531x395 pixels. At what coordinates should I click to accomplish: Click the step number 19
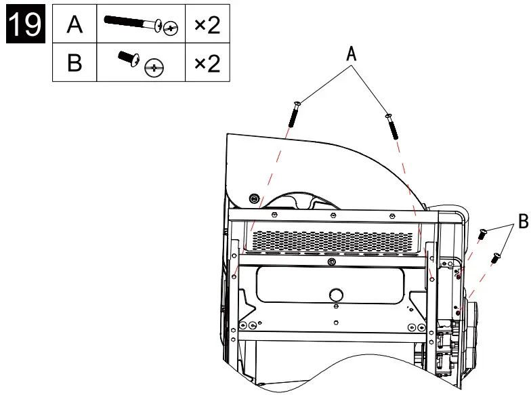pyautogui.click(x=23, y=25)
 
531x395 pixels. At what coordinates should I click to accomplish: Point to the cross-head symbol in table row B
pyautogui.click(x=156, y=67)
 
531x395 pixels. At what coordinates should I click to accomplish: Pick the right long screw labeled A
pyautogui.click(x=391, y=125)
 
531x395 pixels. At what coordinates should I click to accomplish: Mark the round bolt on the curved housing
pyautogui.click(x=254, y=199)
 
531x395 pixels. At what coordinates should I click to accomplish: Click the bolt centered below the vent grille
pyautogui.click(x=330, y=262)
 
